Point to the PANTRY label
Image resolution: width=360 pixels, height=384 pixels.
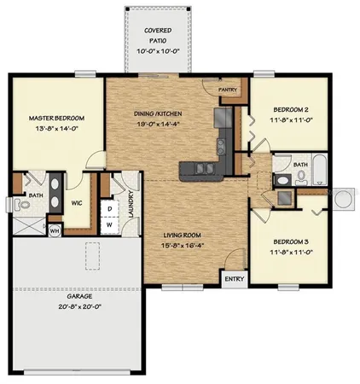(226, 88)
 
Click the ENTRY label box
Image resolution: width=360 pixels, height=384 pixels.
(232, 278)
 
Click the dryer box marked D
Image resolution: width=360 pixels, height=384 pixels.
(111, 207)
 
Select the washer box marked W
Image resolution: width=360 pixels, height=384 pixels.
(111, 225)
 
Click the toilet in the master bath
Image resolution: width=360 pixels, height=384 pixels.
(17, 204)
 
